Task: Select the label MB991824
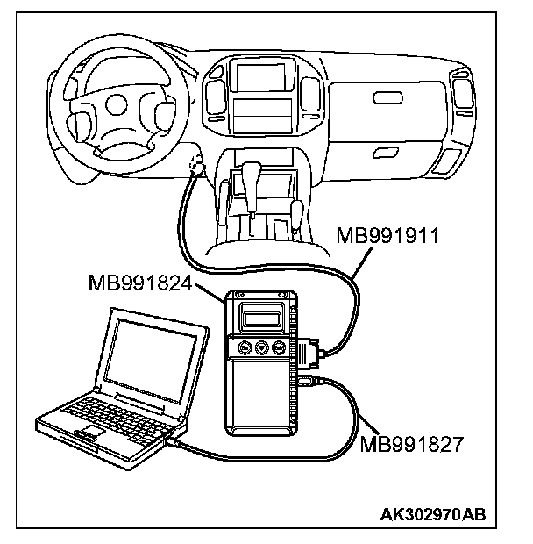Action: pyautogui.click(x=140, y=283)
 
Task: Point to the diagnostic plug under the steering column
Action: pyautogui.click(x=195, y=167)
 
